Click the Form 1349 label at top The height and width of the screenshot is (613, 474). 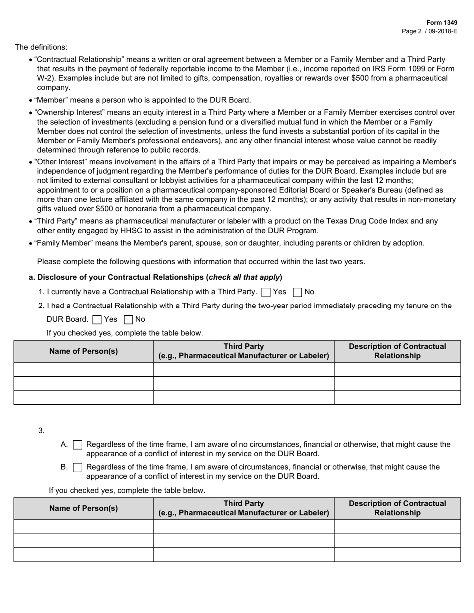pos(441,23)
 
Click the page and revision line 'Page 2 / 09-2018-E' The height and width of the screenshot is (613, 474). pos(429,31)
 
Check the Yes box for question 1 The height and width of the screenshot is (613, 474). pos(266,292)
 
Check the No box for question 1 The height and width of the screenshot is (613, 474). pos(298,292)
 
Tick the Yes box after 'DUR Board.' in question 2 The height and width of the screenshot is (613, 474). pos(98,320)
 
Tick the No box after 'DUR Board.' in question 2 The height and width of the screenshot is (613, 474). pos(128,320)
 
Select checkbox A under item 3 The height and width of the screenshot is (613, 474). pos(78,445)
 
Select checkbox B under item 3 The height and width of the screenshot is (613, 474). pos(78,467)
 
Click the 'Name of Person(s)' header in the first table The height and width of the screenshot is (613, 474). pos(83,351)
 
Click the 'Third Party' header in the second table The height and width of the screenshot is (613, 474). pos(243,503)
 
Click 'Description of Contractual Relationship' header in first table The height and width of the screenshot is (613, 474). pos(397,351)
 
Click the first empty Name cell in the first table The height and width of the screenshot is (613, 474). pos(83,369)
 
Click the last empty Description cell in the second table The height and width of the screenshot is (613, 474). pos(397,554)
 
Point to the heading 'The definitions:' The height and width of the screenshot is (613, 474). pos(41,47)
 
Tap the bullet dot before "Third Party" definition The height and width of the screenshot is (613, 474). pos(31,222)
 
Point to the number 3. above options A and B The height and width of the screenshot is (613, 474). pos(41,430)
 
